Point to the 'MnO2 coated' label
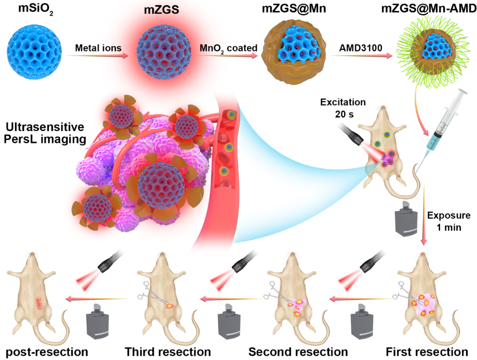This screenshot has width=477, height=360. (x=226, y=47)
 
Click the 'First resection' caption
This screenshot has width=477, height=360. (x=426, y=351)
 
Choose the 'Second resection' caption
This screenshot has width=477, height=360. (x=298, y=351)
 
